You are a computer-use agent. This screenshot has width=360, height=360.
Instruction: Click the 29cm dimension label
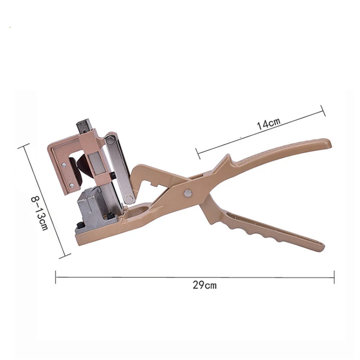pos(204,285)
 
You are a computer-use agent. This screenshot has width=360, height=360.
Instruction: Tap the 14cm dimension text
pos(268,123)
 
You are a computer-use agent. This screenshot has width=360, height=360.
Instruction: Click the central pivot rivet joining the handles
pos(188,193)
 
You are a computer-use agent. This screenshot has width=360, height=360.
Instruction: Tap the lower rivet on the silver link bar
pos(130,198)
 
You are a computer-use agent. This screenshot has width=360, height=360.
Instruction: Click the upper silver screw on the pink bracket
pos(63,164)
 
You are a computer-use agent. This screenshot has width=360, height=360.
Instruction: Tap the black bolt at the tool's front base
pos(79,226)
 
